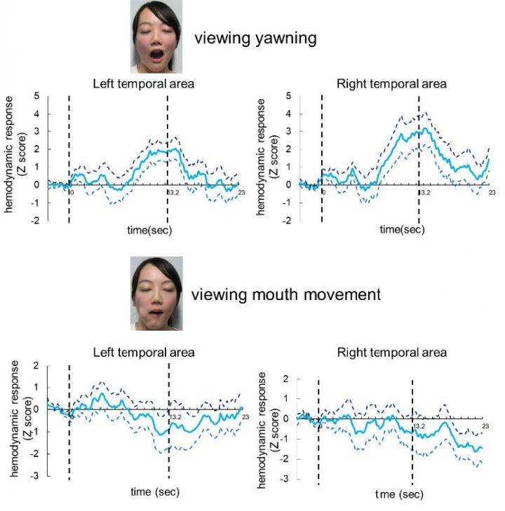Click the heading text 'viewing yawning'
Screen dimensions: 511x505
[x=255, y=38]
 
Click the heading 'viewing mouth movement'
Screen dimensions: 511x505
[x=286, y=294]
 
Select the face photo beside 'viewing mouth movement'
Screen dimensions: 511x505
[x=156, y=292]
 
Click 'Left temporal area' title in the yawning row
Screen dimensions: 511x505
[x=144, y=84]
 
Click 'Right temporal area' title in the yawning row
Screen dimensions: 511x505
[x=391, y=84]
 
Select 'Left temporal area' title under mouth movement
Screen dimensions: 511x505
[x=144, y=353]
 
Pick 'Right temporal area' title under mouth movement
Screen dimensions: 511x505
[x=391, y=353]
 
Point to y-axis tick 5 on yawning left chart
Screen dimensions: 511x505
[x=36, y=95]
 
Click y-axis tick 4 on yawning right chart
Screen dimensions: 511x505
[x=289, y=114]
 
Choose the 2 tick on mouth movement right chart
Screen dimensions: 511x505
[x=286, y=379]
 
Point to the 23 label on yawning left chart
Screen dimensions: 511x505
[x=241, y=191]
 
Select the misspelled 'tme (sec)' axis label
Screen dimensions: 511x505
[x=399, y=494]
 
